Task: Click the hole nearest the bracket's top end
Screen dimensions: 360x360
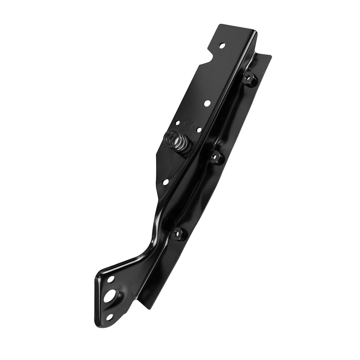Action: (x=222, y=45)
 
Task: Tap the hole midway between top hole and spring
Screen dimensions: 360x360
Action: (x=207, y=103)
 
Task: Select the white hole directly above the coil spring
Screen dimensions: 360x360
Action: (x=178, y=123)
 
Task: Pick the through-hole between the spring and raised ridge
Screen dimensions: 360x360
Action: (x=199, y=130)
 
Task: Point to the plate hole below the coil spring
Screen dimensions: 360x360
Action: (x=165, y=182)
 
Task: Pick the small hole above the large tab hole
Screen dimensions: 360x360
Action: (x=111, y=279)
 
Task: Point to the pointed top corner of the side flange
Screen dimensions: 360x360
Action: (x=271, y=56)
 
